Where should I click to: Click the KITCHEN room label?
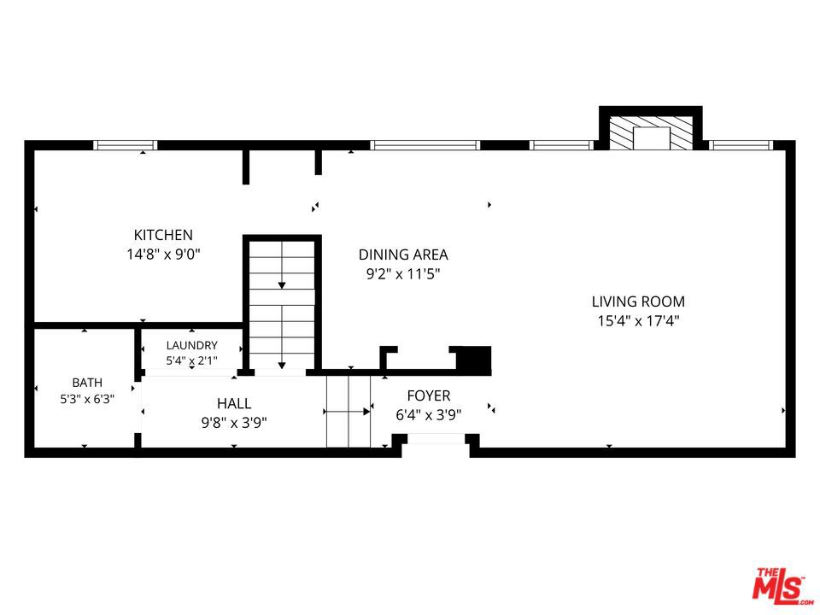point(163,235)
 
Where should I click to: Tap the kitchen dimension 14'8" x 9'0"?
point(164,255)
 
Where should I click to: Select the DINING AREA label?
point(403,255)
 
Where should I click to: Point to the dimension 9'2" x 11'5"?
point(403,273)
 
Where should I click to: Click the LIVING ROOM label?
point(638,302)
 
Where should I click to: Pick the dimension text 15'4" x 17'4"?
point(638,320)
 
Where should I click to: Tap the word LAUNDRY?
point(192,345)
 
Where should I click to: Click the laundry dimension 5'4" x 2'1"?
point(192,360)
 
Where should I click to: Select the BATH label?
point(87,383)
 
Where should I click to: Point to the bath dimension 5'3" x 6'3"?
point(87,399)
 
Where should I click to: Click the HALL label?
point(234,403)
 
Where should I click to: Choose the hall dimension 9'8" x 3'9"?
point(234,422)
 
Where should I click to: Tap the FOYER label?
point(429,395)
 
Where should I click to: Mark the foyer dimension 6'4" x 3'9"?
point(429,415)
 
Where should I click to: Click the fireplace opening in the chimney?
point(651,138)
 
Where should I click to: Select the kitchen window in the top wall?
point(126,145)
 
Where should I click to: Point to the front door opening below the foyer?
point(436,439)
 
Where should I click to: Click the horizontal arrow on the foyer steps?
point(348,412)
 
